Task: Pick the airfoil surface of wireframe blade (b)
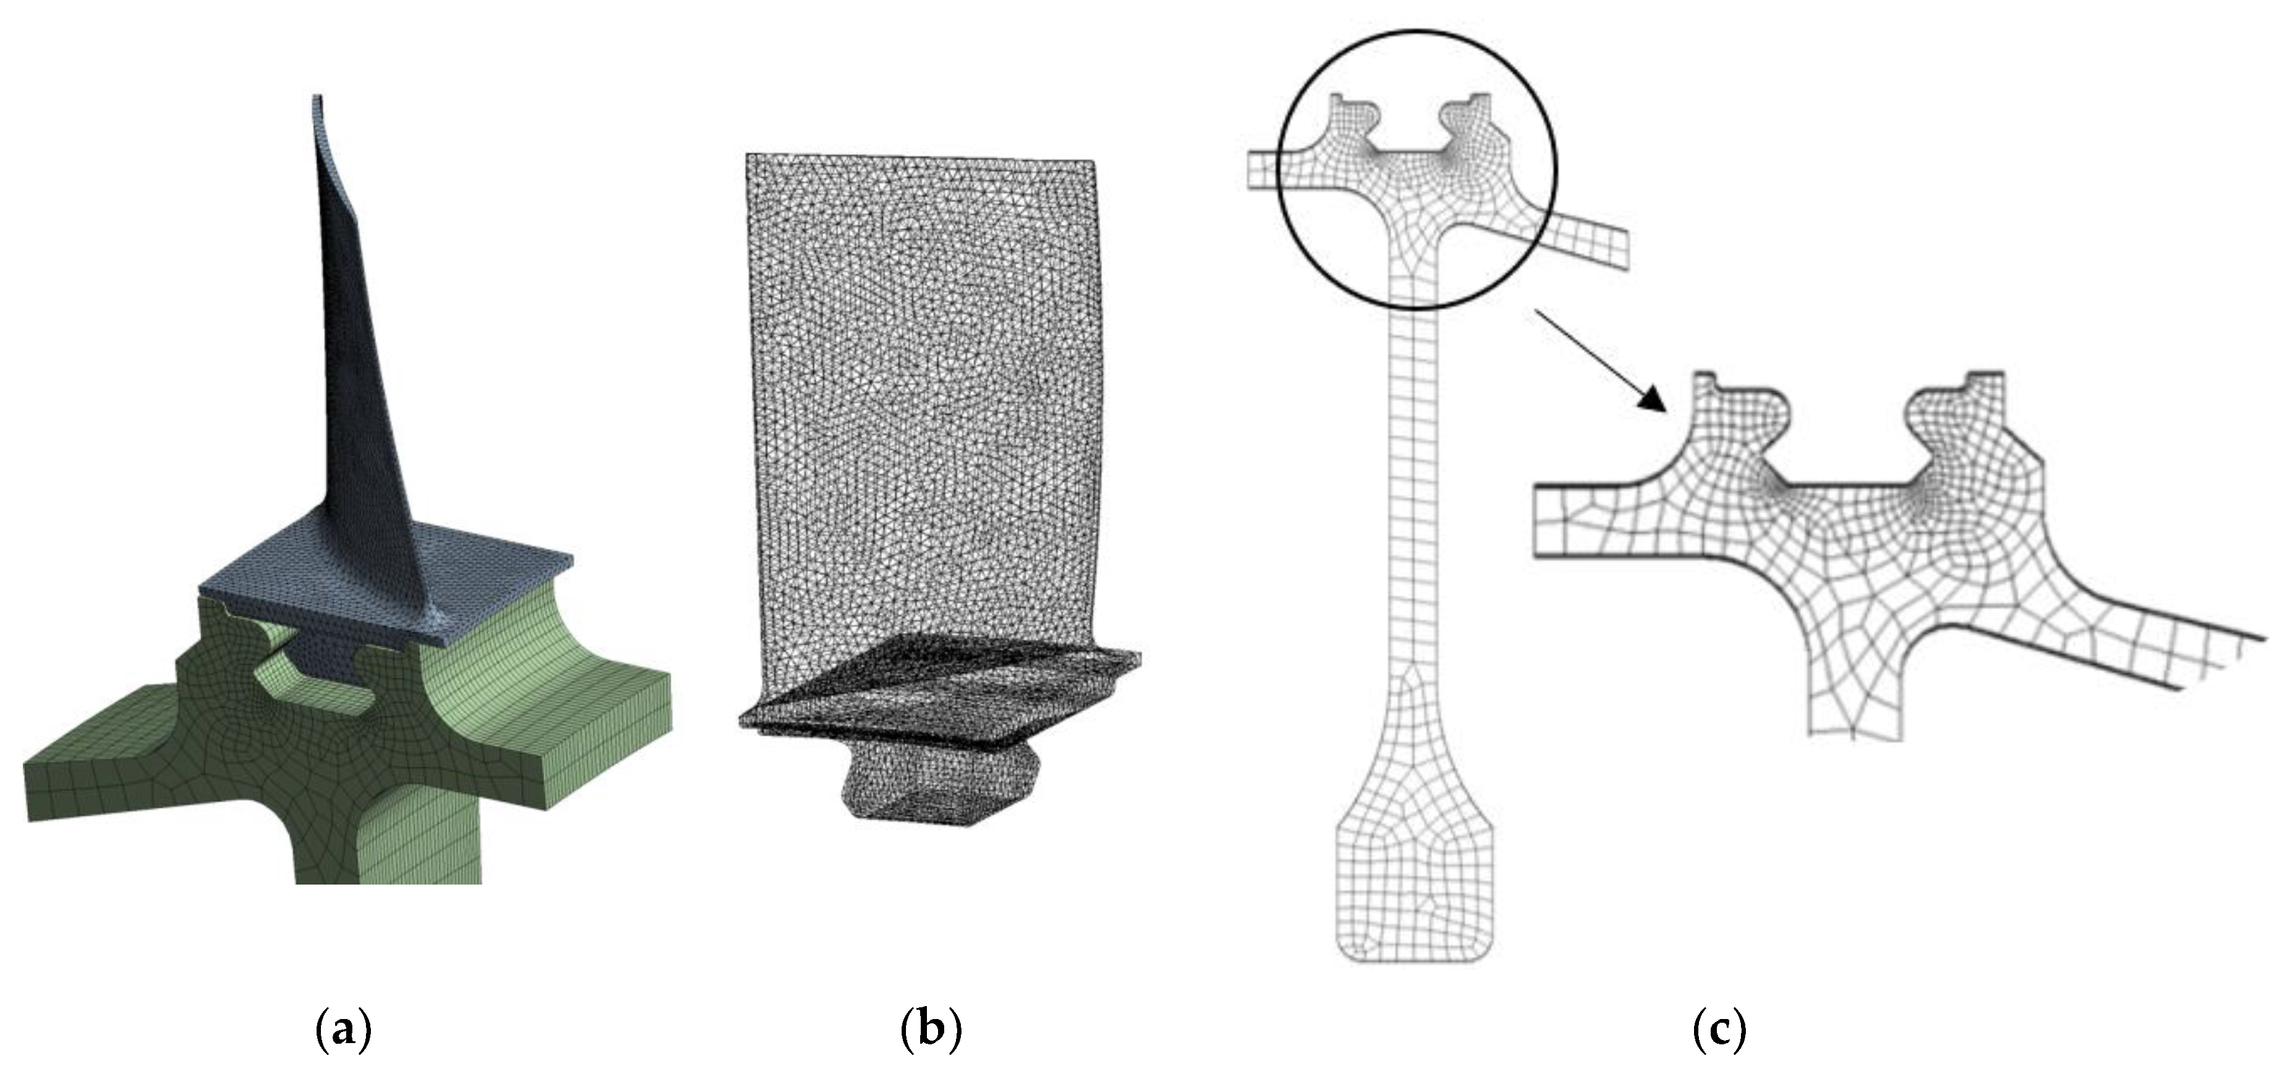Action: click(922, 399)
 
